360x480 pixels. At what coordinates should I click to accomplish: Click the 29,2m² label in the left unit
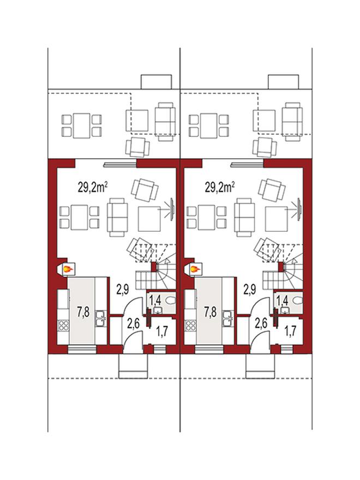94,187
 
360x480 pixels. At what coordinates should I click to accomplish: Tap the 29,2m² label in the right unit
221,187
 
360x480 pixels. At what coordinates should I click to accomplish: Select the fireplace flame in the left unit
68,269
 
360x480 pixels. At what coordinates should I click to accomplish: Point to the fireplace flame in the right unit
195,269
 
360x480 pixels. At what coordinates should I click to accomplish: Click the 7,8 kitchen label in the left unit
83,312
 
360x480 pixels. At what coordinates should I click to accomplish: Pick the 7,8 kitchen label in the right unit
211,312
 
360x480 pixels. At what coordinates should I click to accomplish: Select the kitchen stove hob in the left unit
64,326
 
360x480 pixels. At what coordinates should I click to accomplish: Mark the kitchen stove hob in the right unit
191,326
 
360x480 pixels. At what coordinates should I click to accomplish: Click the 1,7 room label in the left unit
163,332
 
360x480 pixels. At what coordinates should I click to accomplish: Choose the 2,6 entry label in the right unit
261,323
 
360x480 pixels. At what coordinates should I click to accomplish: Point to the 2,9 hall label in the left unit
122,289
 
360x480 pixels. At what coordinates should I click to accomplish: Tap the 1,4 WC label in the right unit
283,301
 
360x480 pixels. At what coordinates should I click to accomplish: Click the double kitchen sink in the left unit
100,319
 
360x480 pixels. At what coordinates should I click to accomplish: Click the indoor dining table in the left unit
79,217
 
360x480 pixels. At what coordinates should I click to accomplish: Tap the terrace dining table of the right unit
209,125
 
